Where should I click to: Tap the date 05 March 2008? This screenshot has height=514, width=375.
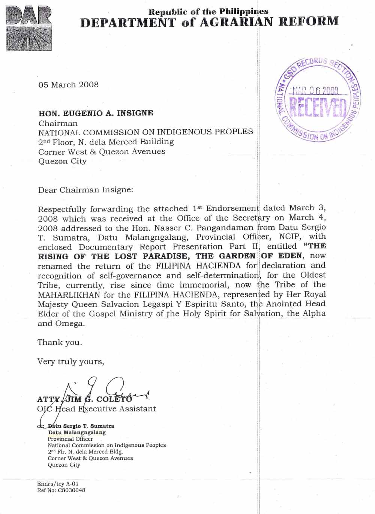tap(68, 85)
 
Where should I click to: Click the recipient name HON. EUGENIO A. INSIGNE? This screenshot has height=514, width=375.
tap(96, 113)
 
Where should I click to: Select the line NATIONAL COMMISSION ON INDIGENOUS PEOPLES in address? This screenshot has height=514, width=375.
tap(145, 132)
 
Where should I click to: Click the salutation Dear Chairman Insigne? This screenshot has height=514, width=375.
tap(85, 190)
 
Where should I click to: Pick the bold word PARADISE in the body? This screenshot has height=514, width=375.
tap(168, 256)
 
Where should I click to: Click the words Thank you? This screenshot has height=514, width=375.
tap(60, 342)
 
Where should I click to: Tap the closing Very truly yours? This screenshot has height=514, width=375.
tap(70, 361)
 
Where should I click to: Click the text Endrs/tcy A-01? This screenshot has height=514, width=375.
tap(58, 484)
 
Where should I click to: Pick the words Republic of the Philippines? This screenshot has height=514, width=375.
tap(208, 12)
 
